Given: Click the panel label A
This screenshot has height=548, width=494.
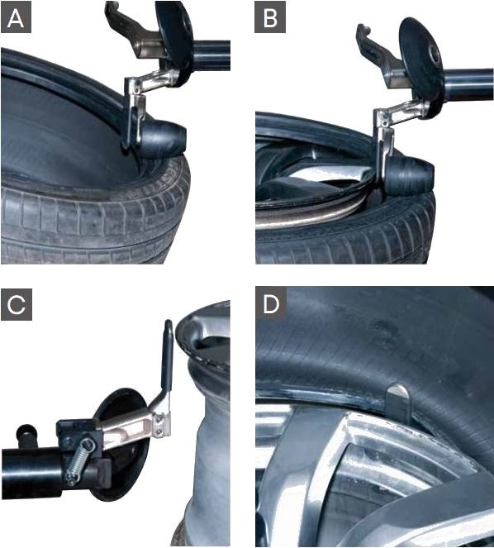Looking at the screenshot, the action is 16,17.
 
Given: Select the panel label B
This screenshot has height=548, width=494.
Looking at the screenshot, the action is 269,17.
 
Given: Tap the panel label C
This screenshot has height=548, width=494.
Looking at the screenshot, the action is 17,304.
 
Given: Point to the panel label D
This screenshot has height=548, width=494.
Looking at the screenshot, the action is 271,304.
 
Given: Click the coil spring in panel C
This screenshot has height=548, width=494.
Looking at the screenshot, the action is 79,461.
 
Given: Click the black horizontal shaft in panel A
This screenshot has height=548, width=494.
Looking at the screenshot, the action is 211,55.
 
